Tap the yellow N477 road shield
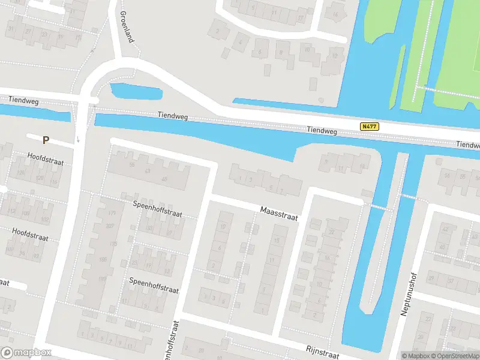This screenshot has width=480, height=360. click(369, 127)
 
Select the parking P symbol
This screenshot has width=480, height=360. click(46, 140)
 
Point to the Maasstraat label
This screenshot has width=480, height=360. click(279, 214)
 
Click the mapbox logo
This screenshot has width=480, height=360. click(26, 353)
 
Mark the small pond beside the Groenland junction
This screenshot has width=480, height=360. click(136, 92)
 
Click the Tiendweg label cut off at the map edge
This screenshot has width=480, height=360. click(467, 145)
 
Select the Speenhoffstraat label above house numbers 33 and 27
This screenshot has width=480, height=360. click(157, 205)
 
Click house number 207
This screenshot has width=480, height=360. click(110, 226)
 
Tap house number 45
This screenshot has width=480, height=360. click(164, 179)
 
